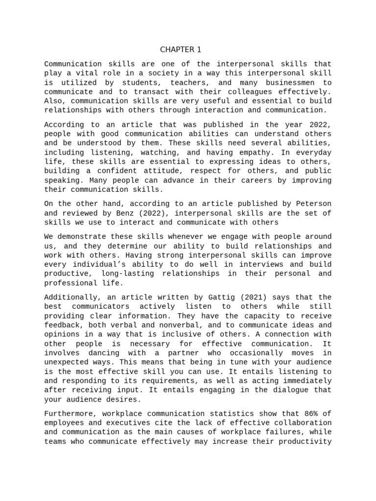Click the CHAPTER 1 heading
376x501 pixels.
[181, 49]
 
